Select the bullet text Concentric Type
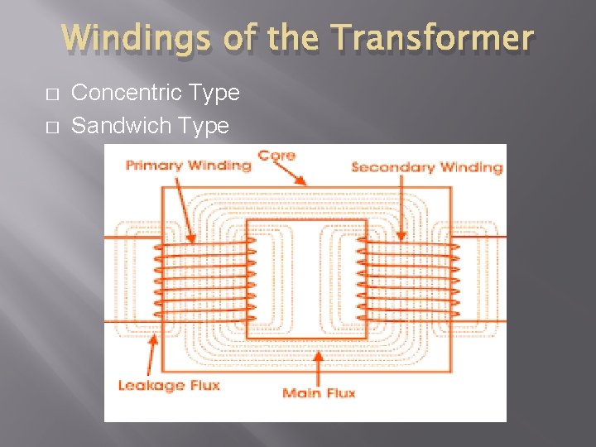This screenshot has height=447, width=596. click(156, 93)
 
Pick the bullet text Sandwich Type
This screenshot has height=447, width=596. click(150, 126)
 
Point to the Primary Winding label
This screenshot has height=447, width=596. click(188, 165)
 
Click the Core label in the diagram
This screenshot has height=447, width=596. click(276, 155)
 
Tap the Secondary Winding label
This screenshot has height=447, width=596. click(426, 167)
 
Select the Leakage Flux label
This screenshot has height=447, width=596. click(168, 385)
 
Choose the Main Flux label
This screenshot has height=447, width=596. click(319, 392)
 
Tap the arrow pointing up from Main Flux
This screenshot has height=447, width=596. click(319, 364)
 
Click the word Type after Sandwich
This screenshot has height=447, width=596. click(207, 126)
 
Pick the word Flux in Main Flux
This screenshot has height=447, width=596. click(339, 392)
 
